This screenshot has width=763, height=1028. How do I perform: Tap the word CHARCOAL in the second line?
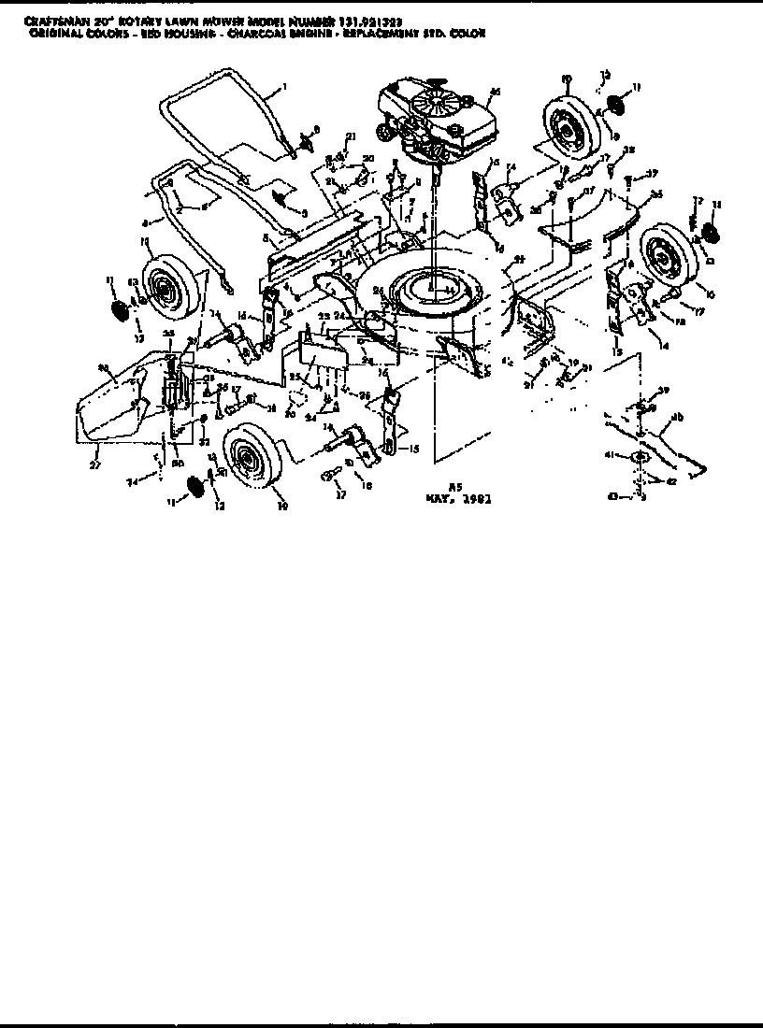tap(267, 33)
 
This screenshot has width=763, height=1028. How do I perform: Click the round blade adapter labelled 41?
tap(641, 455)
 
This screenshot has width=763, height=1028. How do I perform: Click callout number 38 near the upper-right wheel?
tap(628, 149)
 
